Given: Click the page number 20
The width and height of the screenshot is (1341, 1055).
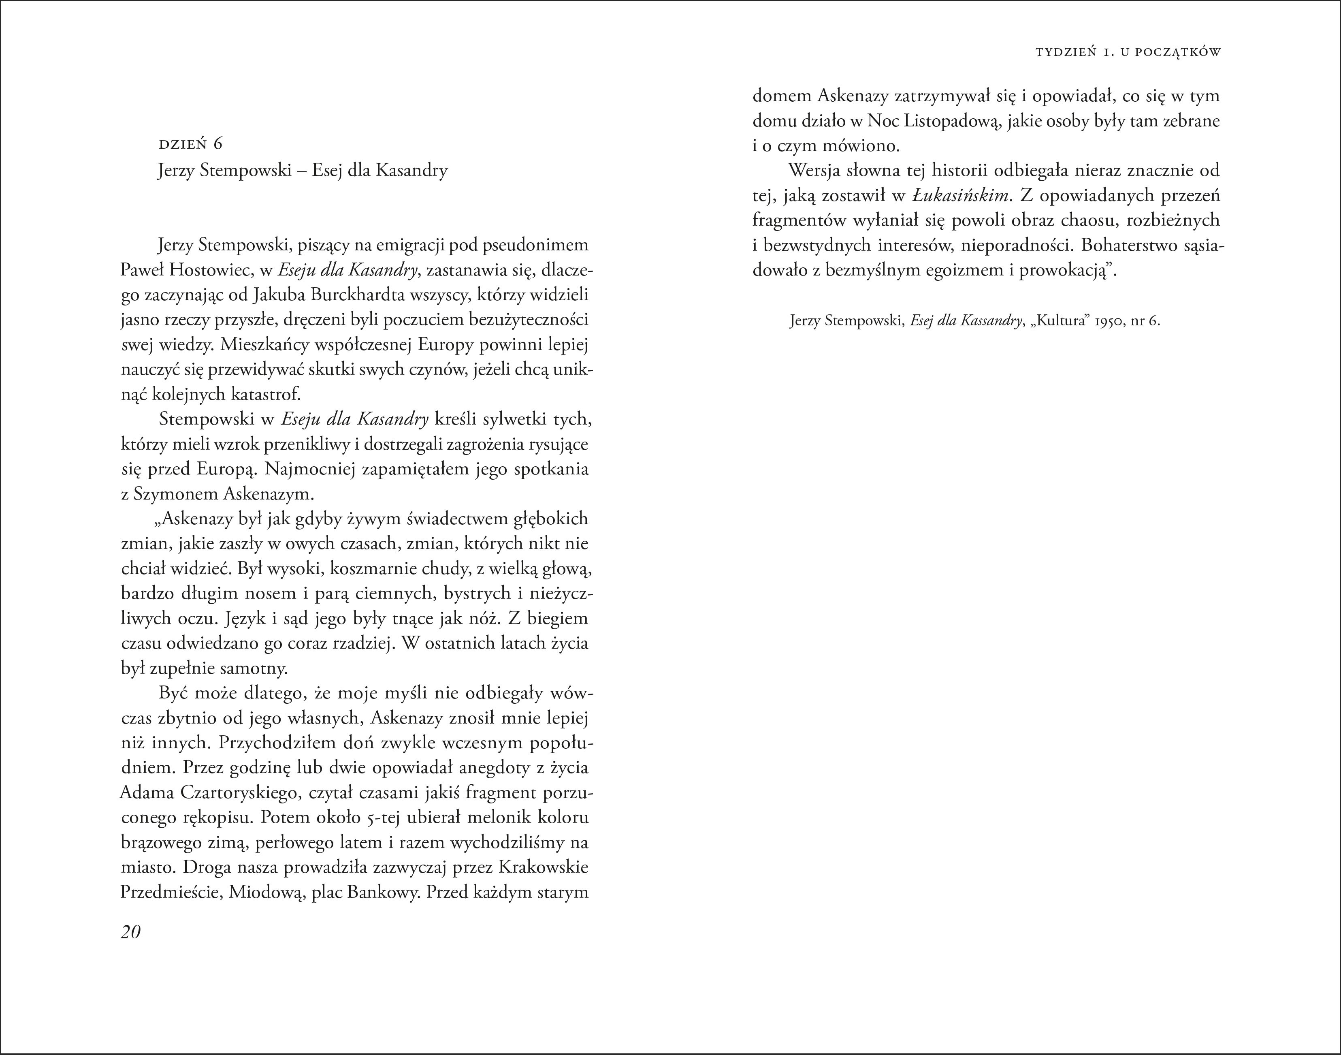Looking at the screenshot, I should tap(131, 931).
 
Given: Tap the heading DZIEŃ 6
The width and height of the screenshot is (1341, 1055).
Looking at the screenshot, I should tap(190, 145).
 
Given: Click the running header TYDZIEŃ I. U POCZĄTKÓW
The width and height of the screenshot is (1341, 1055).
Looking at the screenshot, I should tap(1128, 53).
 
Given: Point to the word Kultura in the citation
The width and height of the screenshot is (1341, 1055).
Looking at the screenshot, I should tap(1059, 321).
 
